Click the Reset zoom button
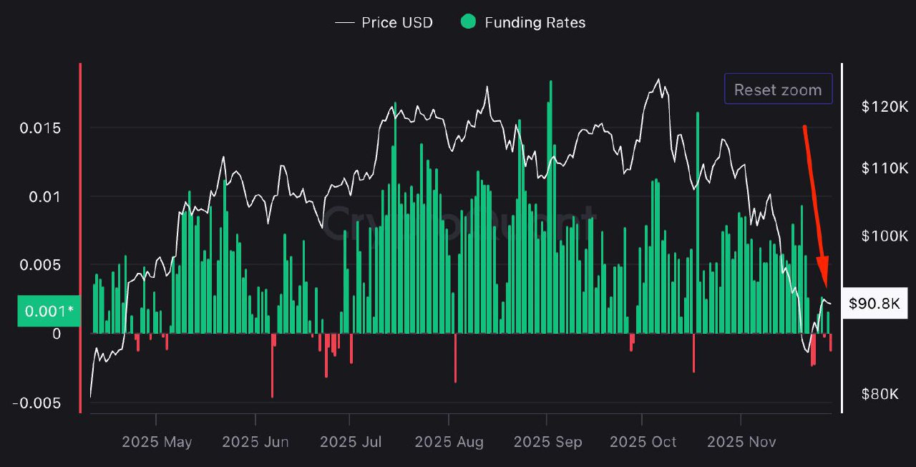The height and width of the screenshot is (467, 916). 778,90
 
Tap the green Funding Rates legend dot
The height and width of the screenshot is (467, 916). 467,22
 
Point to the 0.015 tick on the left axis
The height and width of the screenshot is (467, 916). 40,128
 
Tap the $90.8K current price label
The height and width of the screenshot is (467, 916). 874,304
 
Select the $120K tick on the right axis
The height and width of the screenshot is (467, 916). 885,107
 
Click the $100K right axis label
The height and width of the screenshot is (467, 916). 885,236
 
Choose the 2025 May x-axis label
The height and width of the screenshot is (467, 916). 157,442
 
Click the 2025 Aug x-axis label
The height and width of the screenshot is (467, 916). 449,442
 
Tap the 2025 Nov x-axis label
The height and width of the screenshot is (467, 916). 741,442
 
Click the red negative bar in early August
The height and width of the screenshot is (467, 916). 455,358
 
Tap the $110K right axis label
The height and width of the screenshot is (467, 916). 885,168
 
